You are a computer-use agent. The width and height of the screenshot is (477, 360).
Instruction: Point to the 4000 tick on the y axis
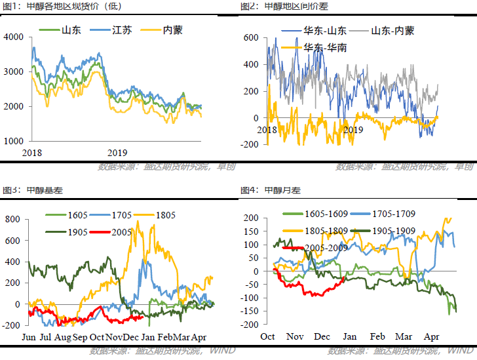pos(14,37)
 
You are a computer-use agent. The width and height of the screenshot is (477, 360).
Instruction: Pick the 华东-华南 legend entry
pos(325,47)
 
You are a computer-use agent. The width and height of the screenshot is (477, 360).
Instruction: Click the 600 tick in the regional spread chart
pos(252,38)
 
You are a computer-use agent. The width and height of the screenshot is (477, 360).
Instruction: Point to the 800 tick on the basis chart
pos(14,218)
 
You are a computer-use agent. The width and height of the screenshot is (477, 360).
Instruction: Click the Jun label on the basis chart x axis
pos(29,338)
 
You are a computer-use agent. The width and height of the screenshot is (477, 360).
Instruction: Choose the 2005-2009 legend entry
pos(324,248)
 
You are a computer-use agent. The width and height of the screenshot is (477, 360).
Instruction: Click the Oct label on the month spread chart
pos(267,336)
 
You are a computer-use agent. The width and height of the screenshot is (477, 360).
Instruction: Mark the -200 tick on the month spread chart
pos(251,324)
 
